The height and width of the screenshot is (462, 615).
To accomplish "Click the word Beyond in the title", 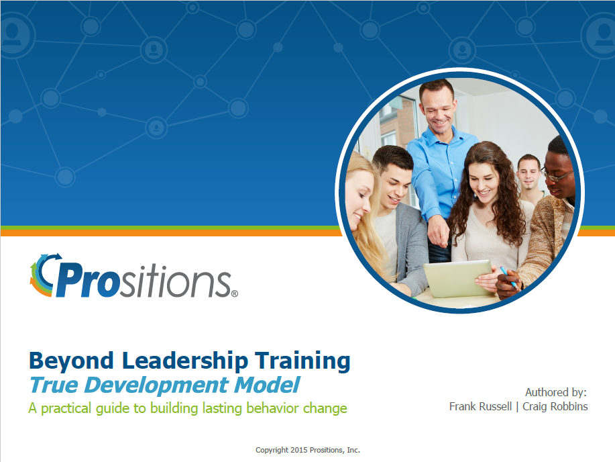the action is (71, 361).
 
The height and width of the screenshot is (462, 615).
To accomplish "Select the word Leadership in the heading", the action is (184, 361).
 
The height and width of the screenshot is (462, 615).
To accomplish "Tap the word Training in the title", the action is (302, 361).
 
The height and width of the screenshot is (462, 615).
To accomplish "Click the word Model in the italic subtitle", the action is (268, 385).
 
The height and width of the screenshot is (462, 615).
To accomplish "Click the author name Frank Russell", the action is (480, 406).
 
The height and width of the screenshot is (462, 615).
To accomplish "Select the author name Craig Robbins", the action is (555, 406).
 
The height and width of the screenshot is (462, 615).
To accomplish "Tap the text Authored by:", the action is (556, 392).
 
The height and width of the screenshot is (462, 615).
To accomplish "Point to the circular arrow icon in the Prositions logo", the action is (45, 275).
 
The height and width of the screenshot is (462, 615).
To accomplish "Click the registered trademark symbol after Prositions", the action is (235, 293).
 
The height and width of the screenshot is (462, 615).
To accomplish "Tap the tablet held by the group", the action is (459, 279).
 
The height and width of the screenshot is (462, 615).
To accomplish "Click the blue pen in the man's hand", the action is (510, 278).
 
